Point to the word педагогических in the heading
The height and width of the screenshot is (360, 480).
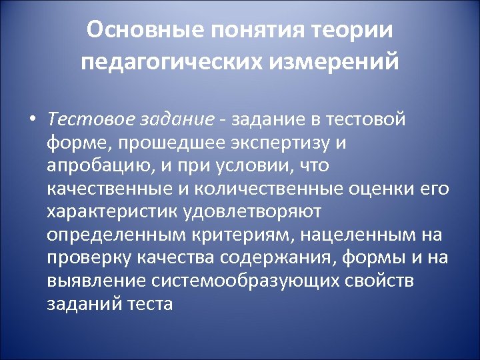(x=173, y=62)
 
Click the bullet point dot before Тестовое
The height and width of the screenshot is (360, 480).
(x=31, y=120)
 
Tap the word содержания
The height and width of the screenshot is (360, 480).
(x=278, y=258)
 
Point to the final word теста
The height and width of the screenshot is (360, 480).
(x=151, y=303)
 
